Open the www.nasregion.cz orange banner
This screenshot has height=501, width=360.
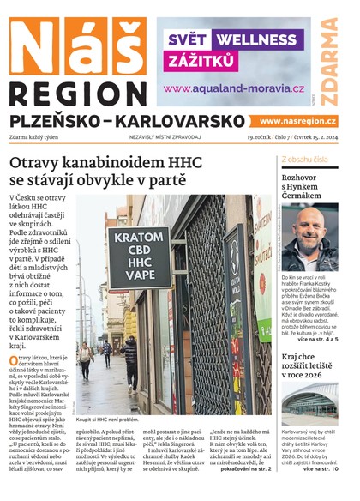pos(297,121)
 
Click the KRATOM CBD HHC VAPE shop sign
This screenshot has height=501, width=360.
pos(138,257)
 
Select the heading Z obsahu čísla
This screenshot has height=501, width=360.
pos(303,160)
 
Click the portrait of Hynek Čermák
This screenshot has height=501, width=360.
pos(310,238)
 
